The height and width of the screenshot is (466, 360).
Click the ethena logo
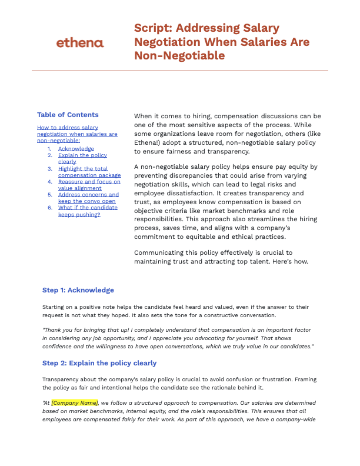79,42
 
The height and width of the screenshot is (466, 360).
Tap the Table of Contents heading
68,115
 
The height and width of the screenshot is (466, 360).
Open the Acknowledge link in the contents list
76,149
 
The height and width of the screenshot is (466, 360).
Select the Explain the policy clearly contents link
82,158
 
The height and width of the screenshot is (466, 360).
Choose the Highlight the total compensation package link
89,172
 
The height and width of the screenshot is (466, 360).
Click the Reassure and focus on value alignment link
89,185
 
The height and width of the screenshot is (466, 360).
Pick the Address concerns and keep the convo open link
88,198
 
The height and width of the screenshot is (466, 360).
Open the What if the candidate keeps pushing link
88,211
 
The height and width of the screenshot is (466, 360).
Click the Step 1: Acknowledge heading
78,290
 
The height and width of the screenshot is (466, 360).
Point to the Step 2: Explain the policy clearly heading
99,363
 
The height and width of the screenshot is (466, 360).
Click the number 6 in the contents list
50,208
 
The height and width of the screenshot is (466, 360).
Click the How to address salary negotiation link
77,134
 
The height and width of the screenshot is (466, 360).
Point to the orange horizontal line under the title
180,71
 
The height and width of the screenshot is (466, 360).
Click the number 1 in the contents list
50,149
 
